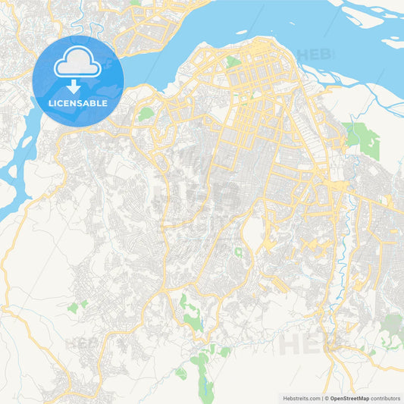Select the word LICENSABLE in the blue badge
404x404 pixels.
(x=78, y=102)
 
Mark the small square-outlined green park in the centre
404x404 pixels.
(x=239, y=252)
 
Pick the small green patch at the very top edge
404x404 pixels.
(x=134, y=2)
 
